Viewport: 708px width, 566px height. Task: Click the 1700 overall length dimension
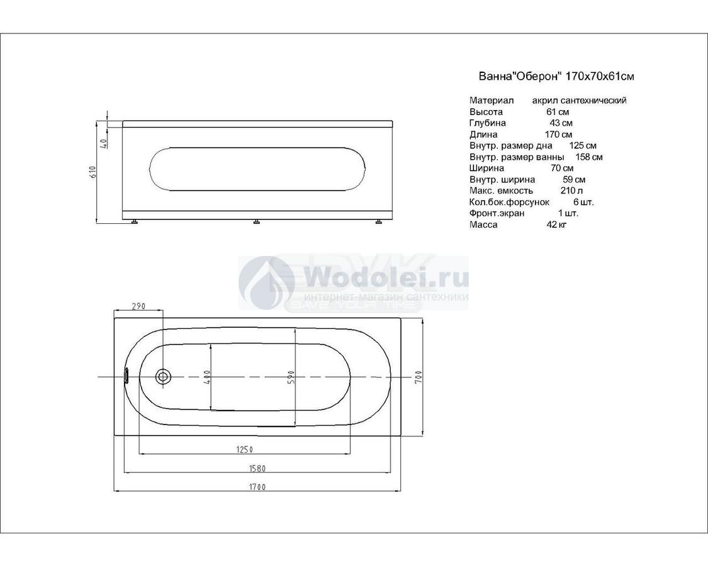point(257,487)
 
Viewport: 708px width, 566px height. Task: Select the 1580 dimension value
point(257,468)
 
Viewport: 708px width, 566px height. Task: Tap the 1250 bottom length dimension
point(244,449)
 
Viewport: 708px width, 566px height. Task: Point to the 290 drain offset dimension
point(138,306)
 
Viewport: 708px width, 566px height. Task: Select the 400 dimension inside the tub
point(207,377)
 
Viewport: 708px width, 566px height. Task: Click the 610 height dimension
point(94,172)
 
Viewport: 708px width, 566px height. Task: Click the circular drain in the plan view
point(163,376)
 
